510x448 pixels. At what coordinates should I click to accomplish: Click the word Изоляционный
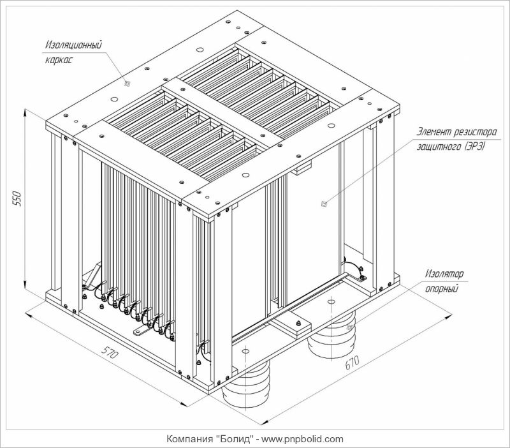[x=74, y=47]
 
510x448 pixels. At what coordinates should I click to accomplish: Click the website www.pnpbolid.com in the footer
[x=303, y=439]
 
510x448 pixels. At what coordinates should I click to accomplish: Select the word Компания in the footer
[x=189, y=439]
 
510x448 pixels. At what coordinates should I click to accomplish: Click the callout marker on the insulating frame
[x=127, y=83]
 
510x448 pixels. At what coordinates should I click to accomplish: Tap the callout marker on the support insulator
[x=349, y=326]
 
